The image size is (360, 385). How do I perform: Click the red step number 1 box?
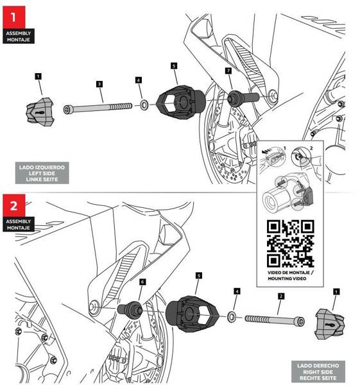click(14, 17)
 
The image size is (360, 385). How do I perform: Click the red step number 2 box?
click(14, 205)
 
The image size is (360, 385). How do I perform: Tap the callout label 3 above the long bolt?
click(99, 84)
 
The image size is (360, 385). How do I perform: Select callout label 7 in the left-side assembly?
click(228, 71)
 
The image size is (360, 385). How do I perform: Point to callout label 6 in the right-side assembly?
click(142, 282)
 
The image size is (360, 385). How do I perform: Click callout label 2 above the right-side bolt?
click(281, 296)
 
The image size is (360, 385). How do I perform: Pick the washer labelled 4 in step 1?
click(144, 105)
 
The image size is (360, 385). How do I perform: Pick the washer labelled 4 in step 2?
click(231, 317)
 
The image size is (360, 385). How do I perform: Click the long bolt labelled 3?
click(98, 108)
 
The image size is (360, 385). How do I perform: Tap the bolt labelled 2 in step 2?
click(275, 320)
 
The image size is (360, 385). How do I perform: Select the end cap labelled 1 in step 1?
click(40, 112)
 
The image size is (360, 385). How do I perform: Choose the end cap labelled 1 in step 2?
click(330, 323)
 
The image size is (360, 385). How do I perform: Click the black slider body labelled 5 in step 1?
click(181, 101)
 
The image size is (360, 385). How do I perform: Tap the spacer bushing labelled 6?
click(130, 310)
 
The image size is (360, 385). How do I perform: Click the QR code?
click(291, 244)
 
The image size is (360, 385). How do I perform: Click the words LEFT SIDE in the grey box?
click(42, 173)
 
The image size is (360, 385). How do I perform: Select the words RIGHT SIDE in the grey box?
click(318, 372)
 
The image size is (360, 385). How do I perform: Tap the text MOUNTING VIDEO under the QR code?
click(287, 278)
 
